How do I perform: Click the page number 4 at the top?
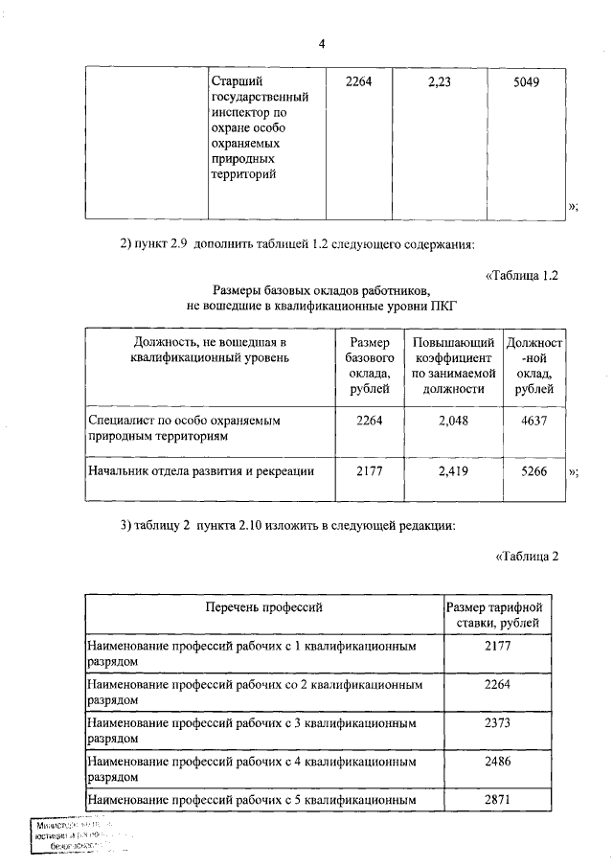coord(323,44)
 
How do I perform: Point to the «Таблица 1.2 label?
coord(522,276)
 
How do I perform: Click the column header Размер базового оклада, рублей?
coord(370,365)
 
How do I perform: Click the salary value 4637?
coord(534,420)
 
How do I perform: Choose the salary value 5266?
coord(534,470)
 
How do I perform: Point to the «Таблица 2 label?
coord(527,556)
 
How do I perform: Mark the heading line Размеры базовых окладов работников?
coord(322,290)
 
